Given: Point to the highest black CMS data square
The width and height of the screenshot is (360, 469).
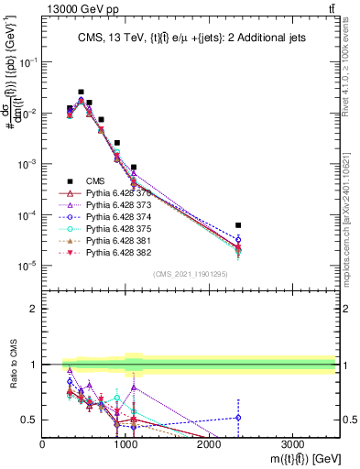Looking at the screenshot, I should tap(81, 93).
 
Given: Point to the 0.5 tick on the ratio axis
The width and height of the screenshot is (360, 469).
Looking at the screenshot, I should tap(29, 420).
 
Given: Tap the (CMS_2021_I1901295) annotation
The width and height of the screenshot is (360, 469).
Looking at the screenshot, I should tap(191, 274).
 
